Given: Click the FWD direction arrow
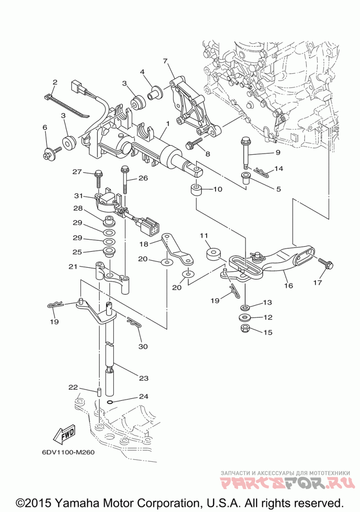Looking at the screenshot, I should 64,434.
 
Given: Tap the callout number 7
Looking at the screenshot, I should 165,61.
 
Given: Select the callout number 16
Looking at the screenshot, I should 288,285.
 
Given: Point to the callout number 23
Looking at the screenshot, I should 144,378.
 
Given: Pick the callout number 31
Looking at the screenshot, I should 79,196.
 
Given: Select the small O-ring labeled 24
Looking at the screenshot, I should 110,401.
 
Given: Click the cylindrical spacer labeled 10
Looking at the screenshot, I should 196,189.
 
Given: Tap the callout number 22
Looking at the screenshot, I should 73,387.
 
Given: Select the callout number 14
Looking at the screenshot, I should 279,169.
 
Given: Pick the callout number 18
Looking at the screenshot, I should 144,243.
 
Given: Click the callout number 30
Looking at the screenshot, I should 143,346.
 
